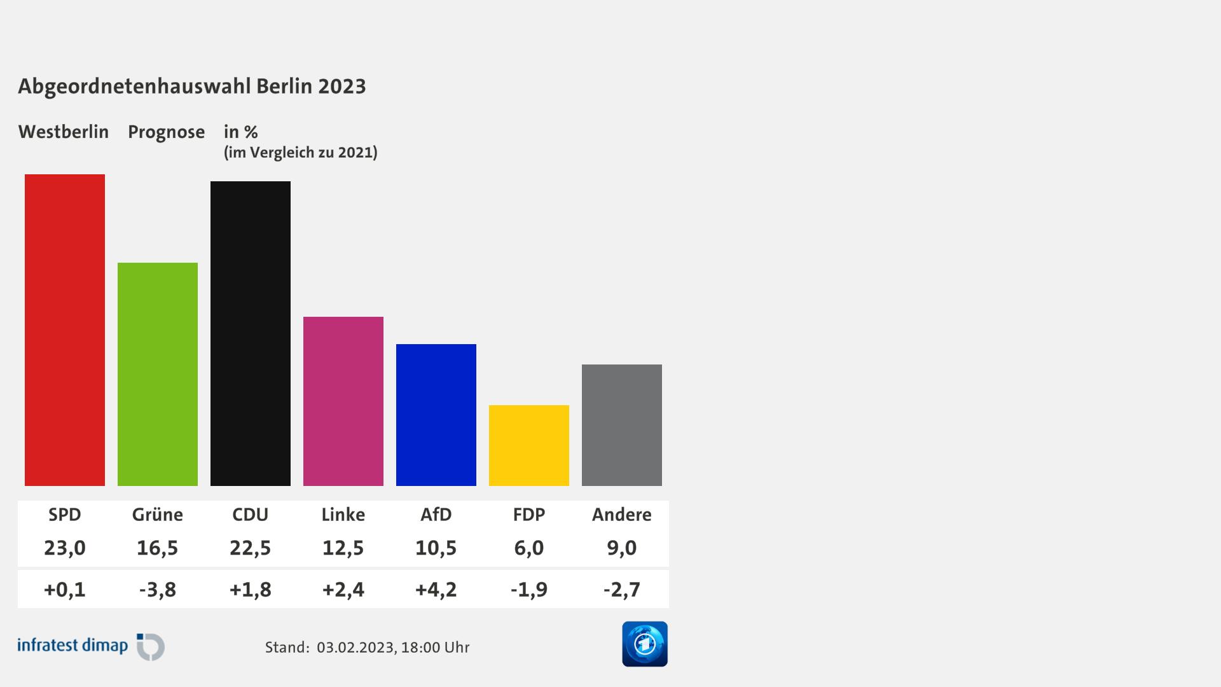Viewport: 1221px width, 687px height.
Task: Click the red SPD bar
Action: [65, 330]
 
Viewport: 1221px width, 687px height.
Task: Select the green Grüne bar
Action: [158, 374]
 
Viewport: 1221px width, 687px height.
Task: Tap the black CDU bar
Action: [251, 333]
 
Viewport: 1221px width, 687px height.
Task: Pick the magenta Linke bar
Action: [343, 401]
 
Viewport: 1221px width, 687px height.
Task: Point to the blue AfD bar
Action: [436, 415]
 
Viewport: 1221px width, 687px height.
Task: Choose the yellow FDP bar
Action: [529, 445]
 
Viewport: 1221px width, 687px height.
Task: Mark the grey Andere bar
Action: [622, 425]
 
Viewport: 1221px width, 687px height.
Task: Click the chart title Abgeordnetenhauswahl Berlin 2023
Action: [192, 86]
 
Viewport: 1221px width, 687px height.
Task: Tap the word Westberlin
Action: [64, 132]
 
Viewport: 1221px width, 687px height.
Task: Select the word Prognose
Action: [167, 132]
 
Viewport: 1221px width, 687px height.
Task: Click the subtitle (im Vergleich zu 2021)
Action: [301, 153]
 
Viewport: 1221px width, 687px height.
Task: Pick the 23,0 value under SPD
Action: [65, 548]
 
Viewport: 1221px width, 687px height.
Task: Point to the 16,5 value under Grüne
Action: [158, 548]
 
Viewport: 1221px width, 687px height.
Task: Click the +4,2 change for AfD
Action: [436, 590]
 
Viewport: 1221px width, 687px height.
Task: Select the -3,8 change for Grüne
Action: [158, 590]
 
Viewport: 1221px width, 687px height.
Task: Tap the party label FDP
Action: [529, 514]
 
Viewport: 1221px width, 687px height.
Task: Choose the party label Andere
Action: [622, 514]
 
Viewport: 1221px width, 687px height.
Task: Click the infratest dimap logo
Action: [91, 646]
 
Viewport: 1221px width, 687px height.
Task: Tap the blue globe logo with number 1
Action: [645, 644]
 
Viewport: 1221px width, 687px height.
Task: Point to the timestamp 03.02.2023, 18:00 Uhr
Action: [393, 648]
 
